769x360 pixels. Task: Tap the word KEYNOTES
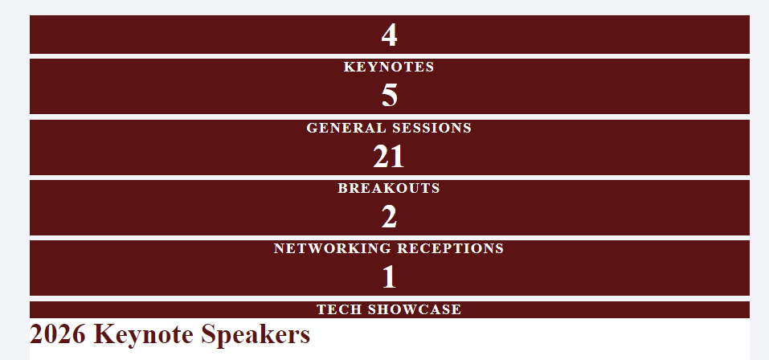pos(389,67)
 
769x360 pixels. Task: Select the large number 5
pos(390,96)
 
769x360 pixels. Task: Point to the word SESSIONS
pos(431,128)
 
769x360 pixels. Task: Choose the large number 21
pos(389,157)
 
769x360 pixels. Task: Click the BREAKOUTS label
pos(389,188)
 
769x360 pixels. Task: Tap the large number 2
pos(390,217)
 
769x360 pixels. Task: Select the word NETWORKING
pos(333,248)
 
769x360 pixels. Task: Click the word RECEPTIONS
pos(450,248)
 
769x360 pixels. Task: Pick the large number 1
pos(390,277)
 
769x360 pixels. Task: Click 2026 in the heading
pos(57,334)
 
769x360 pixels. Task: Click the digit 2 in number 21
pos(381,157)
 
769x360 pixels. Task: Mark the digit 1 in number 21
pos(398,157)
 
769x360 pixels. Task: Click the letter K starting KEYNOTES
pos(349,67)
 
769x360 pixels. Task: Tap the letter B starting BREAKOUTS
pos(342,188)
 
